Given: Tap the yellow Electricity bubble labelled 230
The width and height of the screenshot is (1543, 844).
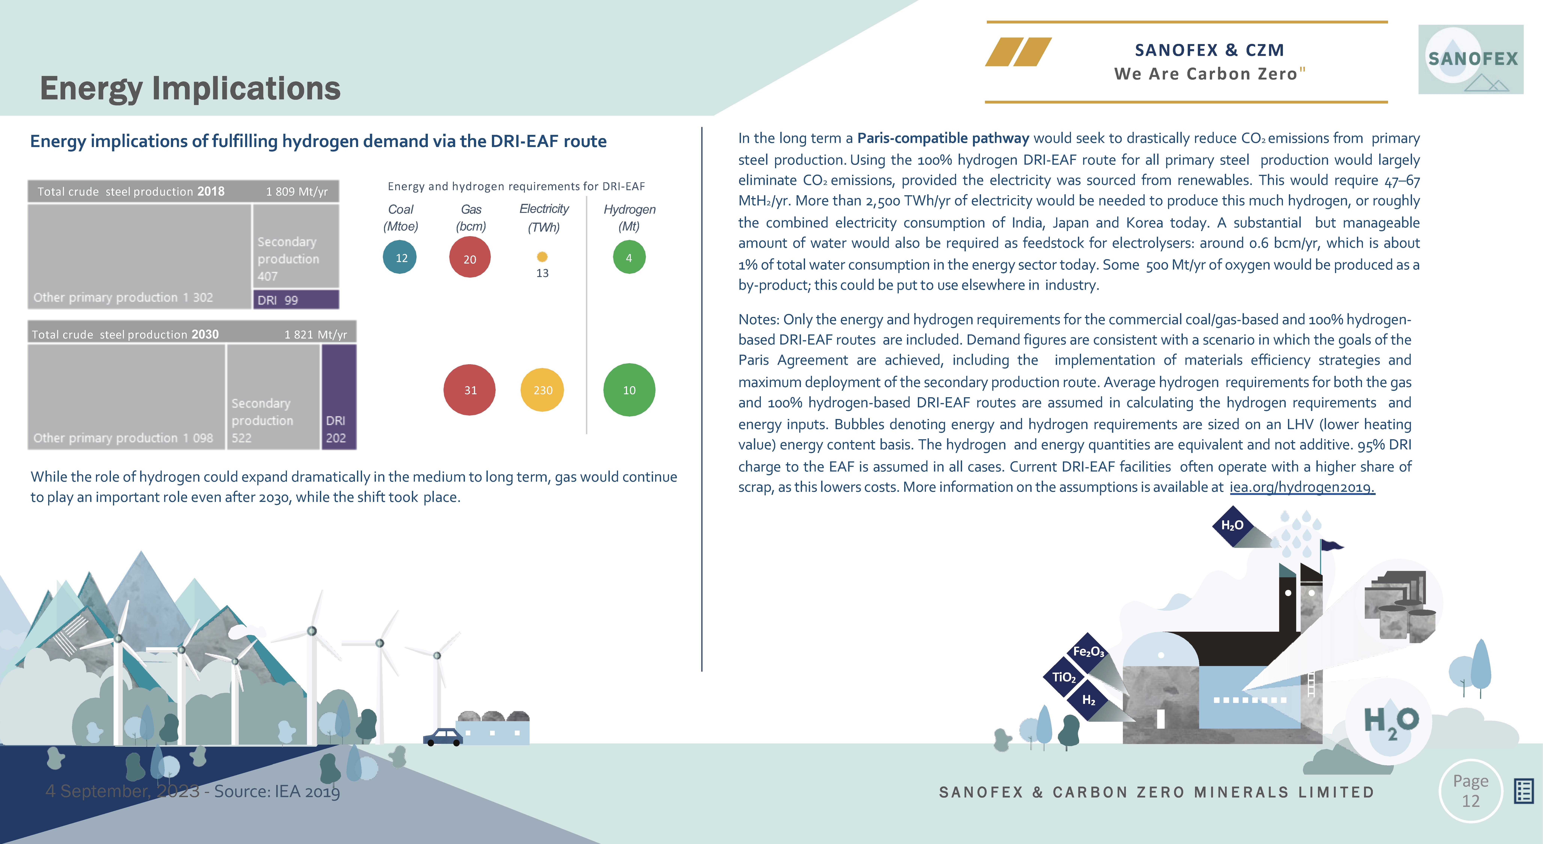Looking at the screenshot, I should (x=542, y=390).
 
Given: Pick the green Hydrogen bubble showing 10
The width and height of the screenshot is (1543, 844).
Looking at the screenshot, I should (x=629, y=390).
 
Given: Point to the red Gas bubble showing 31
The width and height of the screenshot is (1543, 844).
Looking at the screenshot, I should (x=470, y=390).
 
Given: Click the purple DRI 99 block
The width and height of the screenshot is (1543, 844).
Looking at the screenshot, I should (x=296, y=299).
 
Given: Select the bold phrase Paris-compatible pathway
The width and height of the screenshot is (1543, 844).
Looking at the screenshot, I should (x=943, y=138).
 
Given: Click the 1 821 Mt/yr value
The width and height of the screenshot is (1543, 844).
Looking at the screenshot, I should (x=316, y=334).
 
